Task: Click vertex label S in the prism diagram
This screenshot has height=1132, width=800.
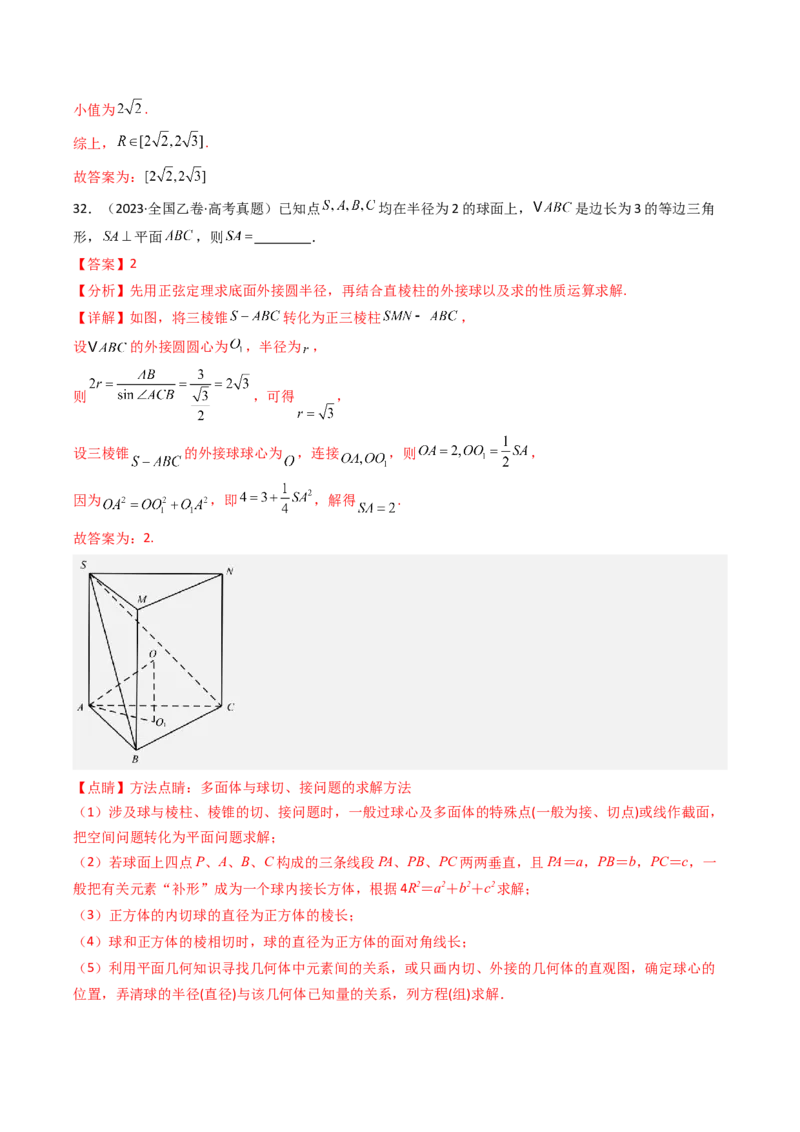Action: pos(83,566)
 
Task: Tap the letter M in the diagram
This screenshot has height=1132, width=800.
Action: pos(142,600)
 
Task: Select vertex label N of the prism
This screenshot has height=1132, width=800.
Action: pos(229,571)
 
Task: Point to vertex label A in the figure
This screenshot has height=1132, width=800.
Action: pos(80,707)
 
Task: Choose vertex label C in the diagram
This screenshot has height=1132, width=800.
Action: pos(230,708)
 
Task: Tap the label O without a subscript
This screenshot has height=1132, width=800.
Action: pos(152,653)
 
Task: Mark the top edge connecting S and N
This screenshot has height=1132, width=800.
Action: pos(155,575)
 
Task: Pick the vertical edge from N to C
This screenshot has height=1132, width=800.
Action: pos(221,640)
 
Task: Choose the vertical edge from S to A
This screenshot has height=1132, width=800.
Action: pos(89,640)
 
